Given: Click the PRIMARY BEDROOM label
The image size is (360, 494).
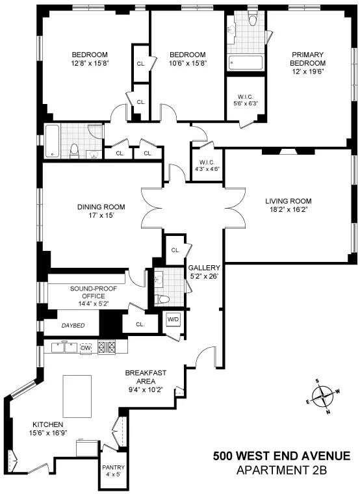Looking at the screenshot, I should tap(307, 58).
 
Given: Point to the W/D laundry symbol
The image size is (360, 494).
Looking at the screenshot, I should tap(173, 319).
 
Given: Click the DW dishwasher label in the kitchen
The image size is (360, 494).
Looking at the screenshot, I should tap(85, 348).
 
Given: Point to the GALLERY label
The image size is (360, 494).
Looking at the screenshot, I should tap(204, 267).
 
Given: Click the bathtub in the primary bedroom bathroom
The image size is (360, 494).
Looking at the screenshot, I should tap(246, 62).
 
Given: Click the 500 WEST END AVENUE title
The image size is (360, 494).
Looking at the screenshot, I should tap(281, 456).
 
